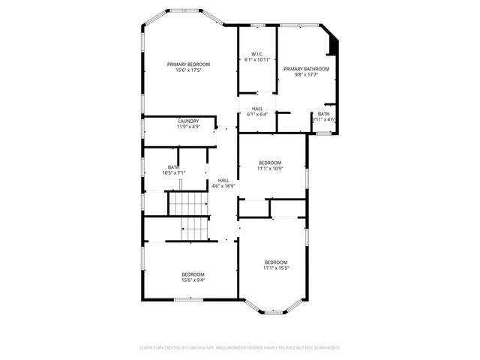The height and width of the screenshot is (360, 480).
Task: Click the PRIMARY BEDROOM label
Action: click(188, 64)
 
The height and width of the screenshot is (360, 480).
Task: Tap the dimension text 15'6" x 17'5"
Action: click(188, 70)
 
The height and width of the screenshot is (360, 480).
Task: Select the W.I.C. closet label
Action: click(256, 53)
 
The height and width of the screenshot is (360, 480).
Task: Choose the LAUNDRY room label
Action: click(188, 121)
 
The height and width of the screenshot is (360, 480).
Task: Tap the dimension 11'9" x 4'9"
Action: click(188, 127)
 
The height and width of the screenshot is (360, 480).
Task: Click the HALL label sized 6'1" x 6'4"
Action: click(257, 109)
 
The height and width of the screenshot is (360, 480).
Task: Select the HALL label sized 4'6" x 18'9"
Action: click(223, 180)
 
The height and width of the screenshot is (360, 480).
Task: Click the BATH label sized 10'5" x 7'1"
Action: click(173, 167)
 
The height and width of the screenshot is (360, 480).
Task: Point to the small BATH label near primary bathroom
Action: click(323, 113)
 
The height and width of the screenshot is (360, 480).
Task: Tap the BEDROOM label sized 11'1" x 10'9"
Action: click(270, 163)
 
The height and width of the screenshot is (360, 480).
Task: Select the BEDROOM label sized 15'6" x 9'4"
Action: click(193, 274)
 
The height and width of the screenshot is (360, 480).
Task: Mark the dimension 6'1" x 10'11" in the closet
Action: click(256, 58)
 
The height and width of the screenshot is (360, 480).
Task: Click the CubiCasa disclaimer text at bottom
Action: click(240, 348)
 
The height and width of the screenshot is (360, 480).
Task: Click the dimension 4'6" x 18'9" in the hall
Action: click(223, 186)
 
